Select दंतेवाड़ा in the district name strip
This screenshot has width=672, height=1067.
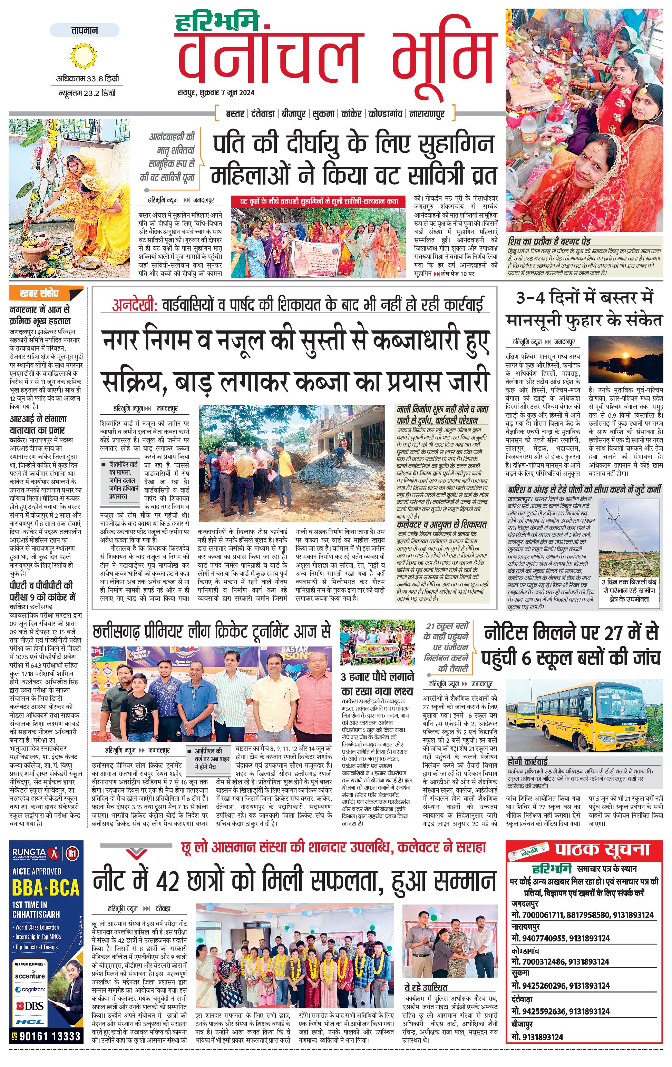coord(263,114)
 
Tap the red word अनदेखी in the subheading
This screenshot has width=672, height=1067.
coord(134,305)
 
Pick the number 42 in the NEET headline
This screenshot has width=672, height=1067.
coord(167,880)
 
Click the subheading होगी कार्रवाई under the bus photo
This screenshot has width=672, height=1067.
coord(527,762)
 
